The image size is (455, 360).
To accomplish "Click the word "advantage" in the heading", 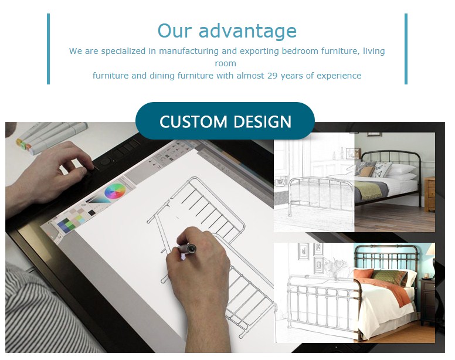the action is tap(247, 31).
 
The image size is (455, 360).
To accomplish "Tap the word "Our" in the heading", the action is tap(175, 30).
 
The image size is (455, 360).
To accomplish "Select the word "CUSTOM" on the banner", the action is tap(193, 121).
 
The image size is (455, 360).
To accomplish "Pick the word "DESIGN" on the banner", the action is tap(262, 121).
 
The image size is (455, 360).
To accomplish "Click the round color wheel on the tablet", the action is tap(115, 192).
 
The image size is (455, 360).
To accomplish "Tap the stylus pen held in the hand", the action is tap(186, 249).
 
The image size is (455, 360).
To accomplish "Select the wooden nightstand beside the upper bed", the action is tap(429, 194).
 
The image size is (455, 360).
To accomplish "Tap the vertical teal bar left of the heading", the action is tap(49, 49).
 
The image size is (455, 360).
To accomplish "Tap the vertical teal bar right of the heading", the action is tap(406, 49).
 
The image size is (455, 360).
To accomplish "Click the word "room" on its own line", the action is tap(226, 63).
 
